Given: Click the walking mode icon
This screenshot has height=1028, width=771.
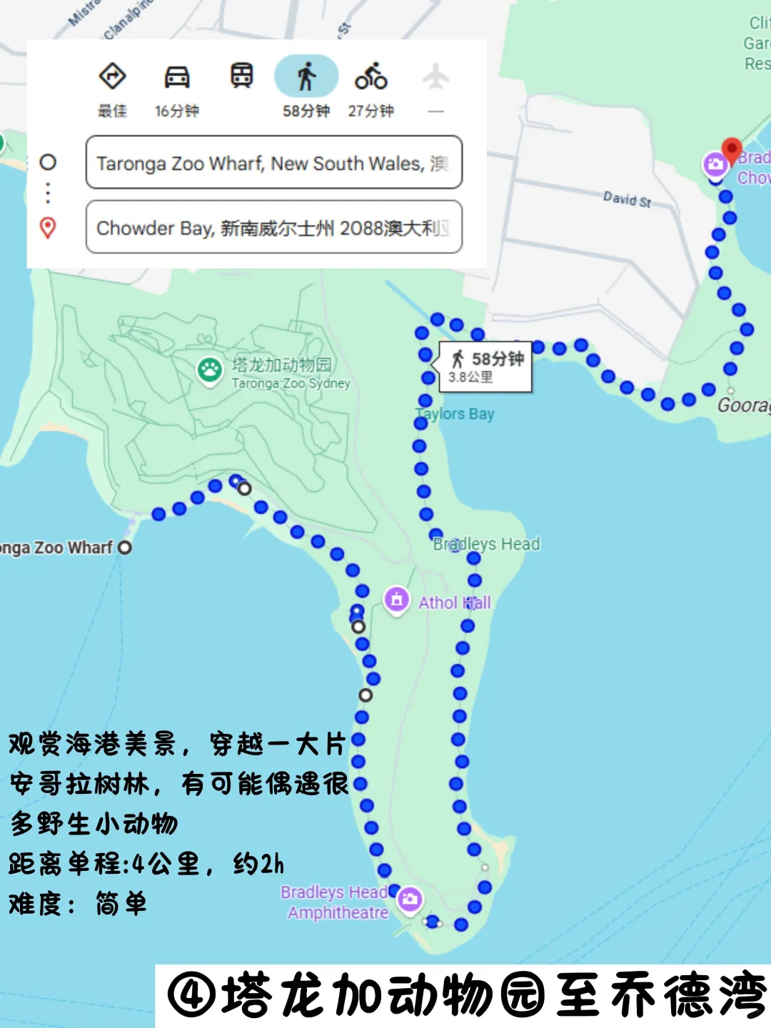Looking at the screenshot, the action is pos(306,76).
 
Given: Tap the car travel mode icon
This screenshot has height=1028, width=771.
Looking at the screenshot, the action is pos(176,76).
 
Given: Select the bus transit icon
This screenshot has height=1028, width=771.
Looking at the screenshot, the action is pos(241,75).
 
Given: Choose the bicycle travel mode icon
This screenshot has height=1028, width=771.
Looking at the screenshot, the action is pos(371,76).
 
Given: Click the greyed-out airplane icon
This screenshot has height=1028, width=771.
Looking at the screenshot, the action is pos(435,76).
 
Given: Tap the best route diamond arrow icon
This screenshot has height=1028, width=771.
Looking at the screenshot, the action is pos(112,76).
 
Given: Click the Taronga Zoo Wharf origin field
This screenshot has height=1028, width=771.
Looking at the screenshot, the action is pos(273,163).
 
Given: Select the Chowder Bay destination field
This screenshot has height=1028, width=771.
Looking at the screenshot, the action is pos(273,228).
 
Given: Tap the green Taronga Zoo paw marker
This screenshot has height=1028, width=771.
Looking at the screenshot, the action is pos(210,371).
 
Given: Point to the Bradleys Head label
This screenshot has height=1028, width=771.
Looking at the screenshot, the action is pos(487,544).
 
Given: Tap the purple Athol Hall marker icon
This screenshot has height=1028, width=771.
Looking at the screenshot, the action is pos(396,600).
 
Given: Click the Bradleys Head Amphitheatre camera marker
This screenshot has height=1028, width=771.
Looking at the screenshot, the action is pos(410,899).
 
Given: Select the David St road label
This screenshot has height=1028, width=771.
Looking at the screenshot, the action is pos(627,199).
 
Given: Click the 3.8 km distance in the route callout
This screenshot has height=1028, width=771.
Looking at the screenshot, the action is pos(470,377).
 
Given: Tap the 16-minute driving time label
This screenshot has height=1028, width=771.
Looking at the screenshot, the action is pos(176,111).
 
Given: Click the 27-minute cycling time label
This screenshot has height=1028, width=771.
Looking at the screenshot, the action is pos(371,111).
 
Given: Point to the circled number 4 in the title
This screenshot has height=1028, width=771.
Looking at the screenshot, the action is pos(191,995).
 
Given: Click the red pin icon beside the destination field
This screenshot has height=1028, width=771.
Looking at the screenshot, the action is pos(48,228).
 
